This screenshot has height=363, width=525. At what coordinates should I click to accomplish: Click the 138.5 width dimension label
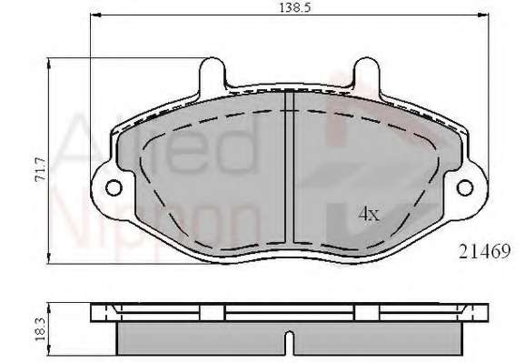click(295, 7)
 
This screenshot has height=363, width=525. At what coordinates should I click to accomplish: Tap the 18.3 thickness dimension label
click(40, 329)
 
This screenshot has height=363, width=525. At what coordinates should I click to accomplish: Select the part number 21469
click(484, 251)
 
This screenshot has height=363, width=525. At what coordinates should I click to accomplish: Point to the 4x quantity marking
click(369, 214)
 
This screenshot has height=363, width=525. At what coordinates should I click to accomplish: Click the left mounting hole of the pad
click(114, 187)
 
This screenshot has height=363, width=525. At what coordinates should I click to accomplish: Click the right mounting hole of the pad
click(465, 187)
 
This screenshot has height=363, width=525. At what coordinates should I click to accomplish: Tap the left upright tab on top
click(212, 74)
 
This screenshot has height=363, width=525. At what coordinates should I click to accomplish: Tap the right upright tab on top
click(367, 74)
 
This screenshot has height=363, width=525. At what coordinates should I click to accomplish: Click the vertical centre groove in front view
click(289, 167)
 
